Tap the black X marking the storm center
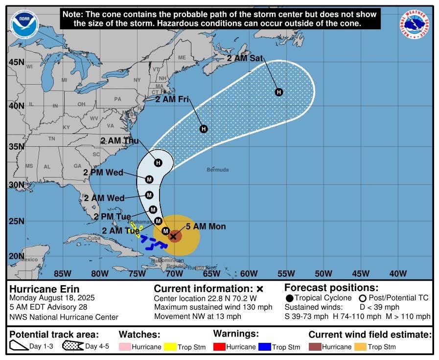click(x=173, y=236)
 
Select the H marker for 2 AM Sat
click(x=279, y=92)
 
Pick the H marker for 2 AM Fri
click(x=204, y=129)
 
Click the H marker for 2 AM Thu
click(x=158, y=162)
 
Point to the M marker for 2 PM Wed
click(x=149, y=180)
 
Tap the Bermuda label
click(x=218, y=170)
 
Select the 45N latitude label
click(x=16, y=62)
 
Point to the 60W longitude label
click(x=249, y=273)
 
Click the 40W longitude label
click(x=398, y=273)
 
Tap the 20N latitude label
click(x=16, y=256)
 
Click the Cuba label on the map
click(x=93, y=238)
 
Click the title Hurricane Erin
click(x=44, y=289)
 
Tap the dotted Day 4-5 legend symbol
click(x=72, y=346)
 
